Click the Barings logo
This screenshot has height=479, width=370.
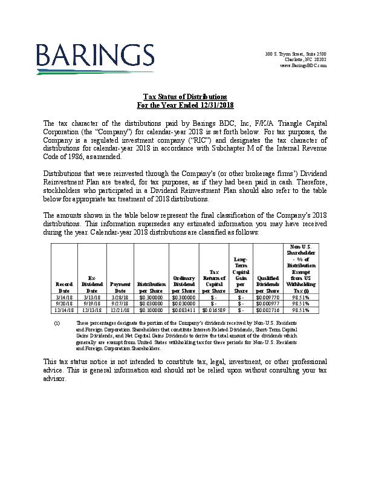pyautogui.click(x=94, y=58)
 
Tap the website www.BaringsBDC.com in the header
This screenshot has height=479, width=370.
pyautogui.click(x=303, y=65)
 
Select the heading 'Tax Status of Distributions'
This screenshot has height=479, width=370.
pyautogui.click(x=184, y=97)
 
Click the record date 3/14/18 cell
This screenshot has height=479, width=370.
pyautogui.click(x=64, y=298)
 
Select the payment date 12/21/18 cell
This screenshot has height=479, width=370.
pyautogui.click(x=120, y=310)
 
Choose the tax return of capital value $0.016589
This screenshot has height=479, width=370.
pyautogui.click(x=214, y=310)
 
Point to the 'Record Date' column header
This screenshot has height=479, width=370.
pyautogui.click(x=64, y=287)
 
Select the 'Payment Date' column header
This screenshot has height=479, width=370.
pyautogui.click(x=120, y=287)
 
